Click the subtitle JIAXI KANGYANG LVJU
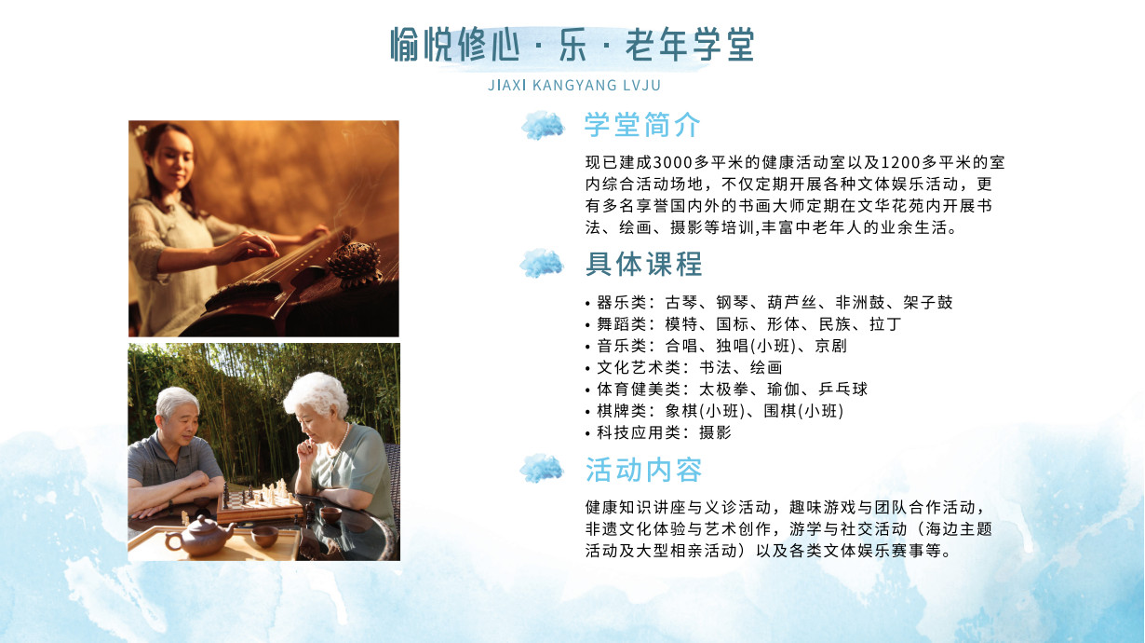(x=573, y=86)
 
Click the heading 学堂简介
(x=642, y=125)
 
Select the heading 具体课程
(x=643, y=264)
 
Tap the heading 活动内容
(x=643, y=470)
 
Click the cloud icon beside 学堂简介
(x=543, y=125)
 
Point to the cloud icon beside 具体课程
(x=542, y=264)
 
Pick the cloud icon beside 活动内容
(x=542, y=468)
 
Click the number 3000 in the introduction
(x=672, y=162)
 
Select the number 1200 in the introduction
(x=898, y=162)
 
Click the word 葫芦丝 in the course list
(x=791, y=303)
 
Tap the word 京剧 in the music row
(x=830, y=346)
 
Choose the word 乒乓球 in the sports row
(x=842, y=390)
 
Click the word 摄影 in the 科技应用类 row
(x=715, y=432)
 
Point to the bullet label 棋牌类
(x=621, y=411)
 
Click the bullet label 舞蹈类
(x=621, y=324)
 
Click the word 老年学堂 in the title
(x=689, y=46)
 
